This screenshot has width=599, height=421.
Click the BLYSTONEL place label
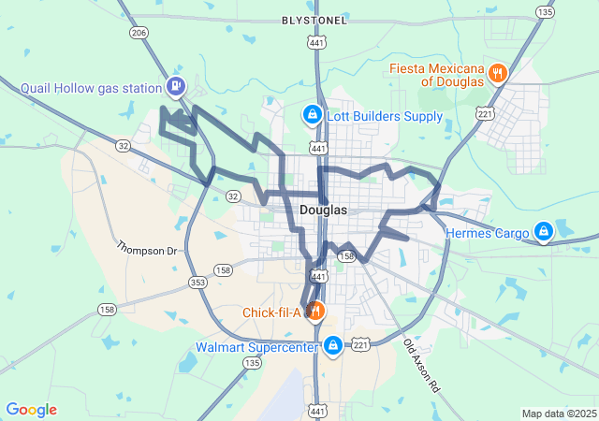point(314,20)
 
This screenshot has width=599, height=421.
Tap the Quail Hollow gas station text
point(92,89)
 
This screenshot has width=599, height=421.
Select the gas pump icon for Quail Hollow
point(175,87)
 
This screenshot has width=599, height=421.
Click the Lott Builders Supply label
point(385,116)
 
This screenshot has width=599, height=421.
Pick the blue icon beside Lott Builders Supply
point(312,115)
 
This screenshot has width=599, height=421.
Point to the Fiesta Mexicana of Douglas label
point(438,74)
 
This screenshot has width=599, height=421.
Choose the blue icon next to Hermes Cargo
point(543,231)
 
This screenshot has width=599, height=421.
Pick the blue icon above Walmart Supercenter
point(331,346)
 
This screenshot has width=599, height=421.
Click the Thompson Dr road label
point(147,249)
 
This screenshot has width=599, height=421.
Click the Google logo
point(31,410)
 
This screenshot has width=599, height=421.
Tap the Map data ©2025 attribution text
point(558,414)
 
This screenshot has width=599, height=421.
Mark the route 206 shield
point(139,33)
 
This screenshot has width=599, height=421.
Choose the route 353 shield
point(197,281)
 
